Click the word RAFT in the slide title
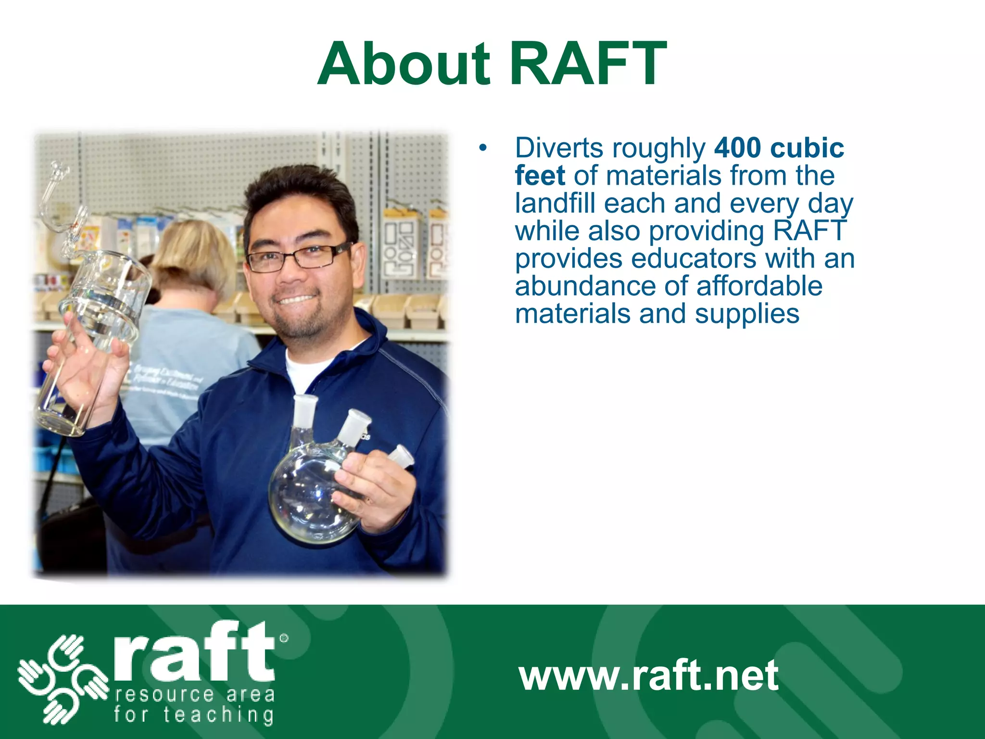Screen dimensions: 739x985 point(588,64)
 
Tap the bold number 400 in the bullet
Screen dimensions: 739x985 point(737,148)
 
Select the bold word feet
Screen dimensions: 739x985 point(540,176)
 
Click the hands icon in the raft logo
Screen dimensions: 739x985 point(63,678)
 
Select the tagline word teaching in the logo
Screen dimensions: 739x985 point(219,715)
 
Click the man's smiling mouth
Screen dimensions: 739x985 point(296,299)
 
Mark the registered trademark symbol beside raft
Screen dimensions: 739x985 point(284,638)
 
